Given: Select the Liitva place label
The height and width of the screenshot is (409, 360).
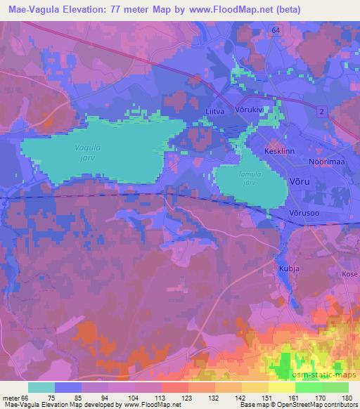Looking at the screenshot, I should click(x=215, y=111).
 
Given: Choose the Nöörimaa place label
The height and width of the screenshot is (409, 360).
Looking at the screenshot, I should click(x=325, y=162).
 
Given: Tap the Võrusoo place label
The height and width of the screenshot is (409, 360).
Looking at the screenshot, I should click(x=304, y=213).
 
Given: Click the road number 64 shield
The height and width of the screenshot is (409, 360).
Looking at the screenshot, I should click(x=274, y=30).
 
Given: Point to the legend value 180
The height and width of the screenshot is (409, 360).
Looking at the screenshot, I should click(x=348, y=397).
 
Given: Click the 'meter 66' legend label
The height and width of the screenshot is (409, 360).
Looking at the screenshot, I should click(x=15, y=397).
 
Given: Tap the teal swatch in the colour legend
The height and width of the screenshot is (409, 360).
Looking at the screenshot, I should click(x=41, y=387).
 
